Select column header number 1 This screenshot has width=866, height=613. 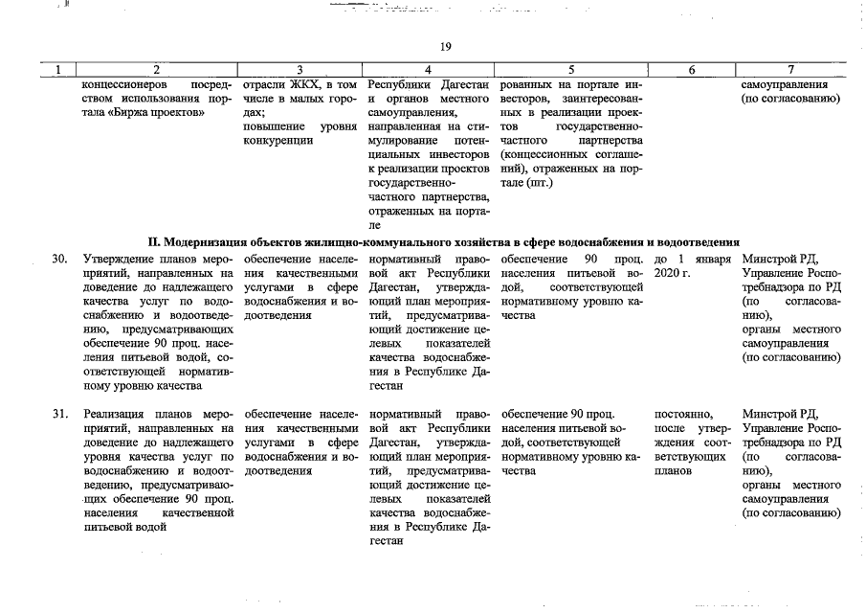click(x=59, y=69)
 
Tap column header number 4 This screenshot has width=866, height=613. click(x=428, y=69)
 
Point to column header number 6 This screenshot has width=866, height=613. click(x=691, y=69)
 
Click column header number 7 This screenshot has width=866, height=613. click(x=790, y=69)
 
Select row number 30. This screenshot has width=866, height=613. click(x=59, y=260)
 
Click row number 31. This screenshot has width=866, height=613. click(x=59, y=414)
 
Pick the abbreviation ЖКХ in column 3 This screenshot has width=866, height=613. click(x=307, y=82)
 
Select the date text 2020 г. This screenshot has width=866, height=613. click(x=671, y=274)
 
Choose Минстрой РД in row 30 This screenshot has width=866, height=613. click(x=781, y=260)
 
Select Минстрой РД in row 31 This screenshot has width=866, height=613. click(x=781, y=414)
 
